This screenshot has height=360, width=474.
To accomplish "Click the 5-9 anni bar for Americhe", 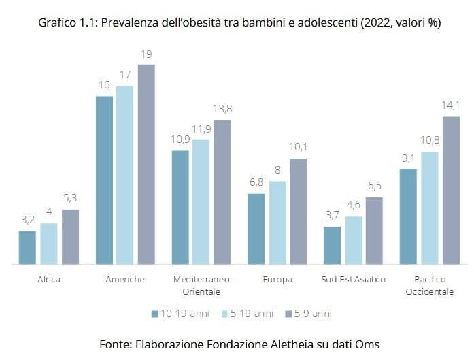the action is tap(147, 164).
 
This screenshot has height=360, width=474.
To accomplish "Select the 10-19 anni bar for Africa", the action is tap(27, 248).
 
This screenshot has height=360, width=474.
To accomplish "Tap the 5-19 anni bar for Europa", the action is tap(277, 223).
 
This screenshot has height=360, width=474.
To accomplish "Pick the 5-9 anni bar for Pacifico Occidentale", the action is tap(451, 191).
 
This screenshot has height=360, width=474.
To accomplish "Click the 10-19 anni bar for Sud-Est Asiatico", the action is tap(332, 246).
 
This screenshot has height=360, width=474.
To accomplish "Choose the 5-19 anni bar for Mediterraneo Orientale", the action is tap(201, 202).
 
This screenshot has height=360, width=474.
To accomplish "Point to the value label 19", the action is tap(146, 54).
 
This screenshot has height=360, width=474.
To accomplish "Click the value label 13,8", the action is tap(222, 109).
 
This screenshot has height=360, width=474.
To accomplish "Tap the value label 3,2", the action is tap(28, 220).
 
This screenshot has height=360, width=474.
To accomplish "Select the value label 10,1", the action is tap(298, 147).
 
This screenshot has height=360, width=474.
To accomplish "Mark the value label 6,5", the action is tap(375, 186).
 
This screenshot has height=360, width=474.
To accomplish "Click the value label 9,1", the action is tap(408, 158).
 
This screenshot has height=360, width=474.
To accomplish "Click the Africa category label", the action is tap(49, 279).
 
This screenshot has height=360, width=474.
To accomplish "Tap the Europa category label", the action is tap(277, 280).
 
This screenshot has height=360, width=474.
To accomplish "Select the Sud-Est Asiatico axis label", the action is tap(353, 279).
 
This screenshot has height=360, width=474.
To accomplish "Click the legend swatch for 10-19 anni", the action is tap(155, 314).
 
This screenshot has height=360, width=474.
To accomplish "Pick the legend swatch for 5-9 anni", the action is tap(288, 314).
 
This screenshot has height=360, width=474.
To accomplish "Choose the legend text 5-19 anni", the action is tap(252, 314).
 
